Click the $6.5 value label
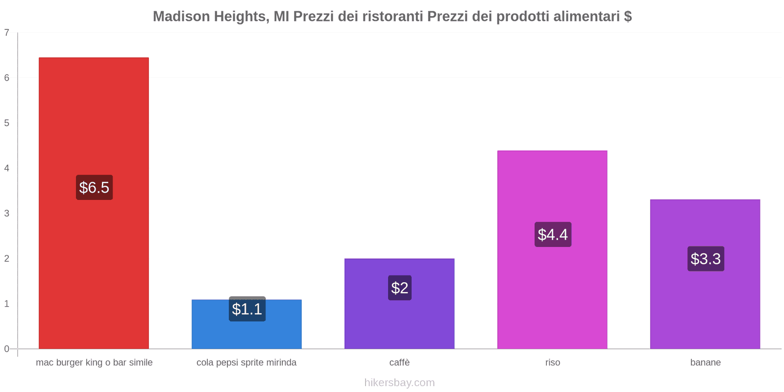tap(94, 187)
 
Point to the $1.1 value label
tap(247, 309)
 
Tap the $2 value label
tap(399, 288)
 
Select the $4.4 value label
tap(553, 234)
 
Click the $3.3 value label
tap(706, 259)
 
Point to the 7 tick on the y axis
tap(7, 33)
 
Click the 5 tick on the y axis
tap(7, 123)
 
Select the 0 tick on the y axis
tap(7, 349)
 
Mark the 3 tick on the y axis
tap(7, 213)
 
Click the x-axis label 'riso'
tap(552, 363)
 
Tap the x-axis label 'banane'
tap(705, 363)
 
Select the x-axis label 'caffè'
tap(399, 363)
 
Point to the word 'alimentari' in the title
tap(587, 17)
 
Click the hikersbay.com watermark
tap(399, 383)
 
